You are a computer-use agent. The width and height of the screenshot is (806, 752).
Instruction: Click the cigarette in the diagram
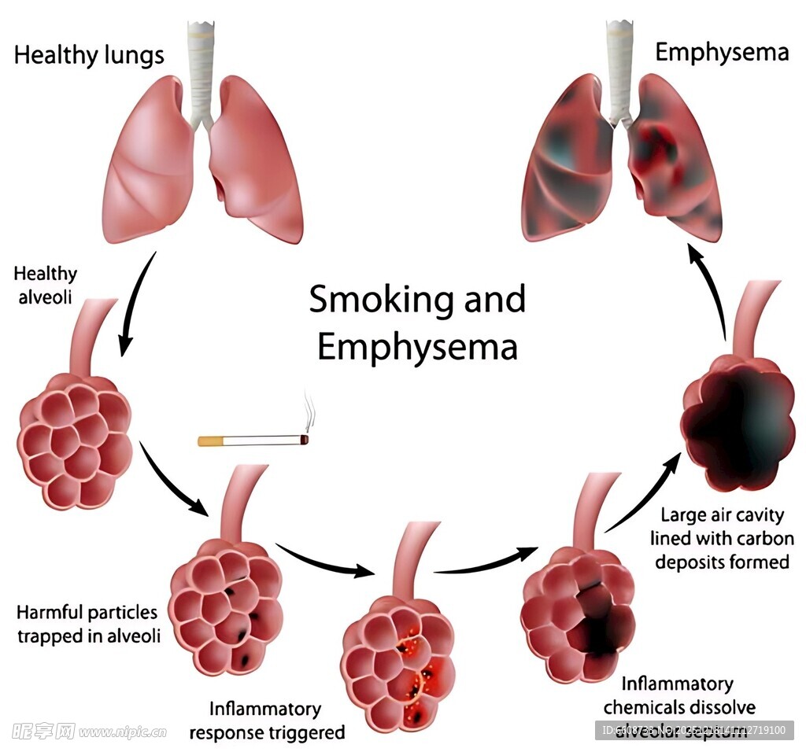[252, 441]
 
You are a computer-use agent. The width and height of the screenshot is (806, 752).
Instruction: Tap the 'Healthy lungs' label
[89, 55]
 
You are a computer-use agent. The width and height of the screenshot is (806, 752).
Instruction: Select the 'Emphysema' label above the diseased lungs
[722, 53]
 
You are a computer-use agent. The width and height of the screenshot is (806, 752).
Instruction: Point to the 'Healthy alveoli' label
[46, 285]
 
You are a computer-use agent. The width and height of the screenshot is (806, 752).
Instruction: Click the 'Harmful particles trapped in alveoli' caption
[88, 624]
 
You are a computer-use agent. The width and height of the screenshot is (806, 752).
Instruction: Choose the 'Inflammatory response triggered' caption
[267, 721]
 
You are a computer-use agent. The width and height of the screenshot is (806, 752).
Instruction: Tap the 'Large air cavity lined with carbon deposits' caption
[722, 539]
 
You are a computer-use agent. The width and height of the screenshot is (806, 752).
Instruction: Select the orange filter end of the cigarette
[210, 441]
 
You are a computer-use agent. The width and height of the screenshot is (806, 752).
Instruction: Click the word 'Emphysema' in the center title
[417, 347]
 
